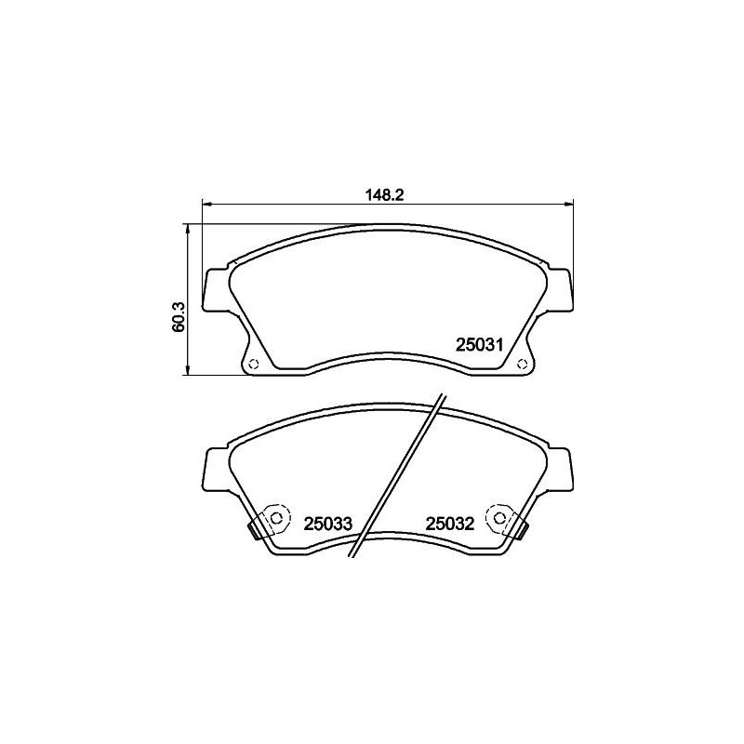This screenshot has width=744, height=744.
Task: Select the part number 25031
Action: pyautogui.click(x=479, y=345)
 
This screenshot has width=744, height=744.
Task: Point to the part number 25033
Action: pyautogui.click(x=328, y=524)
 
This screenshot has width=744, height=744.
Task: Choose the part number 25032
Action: pyautogui.click(x=450, y=524)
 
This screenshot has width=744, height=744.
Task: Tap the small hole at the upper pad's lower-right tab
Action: pyautogui.click(x=522, y=364)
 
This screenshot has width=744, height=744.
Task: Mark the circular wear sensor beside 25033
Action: pyautogui.click(x=275, y=517)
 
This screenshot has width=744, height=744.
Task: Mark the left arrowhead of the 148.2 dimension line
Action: pyautogui.click(x=207, y=203)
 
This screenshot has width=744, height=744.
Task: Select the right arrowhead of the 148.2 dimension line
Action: pyautogui.click(x=569, y=203)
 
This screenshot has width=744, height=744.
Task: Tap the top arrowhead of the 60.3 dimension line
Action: pyautogui.click(x=190, y=229)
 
